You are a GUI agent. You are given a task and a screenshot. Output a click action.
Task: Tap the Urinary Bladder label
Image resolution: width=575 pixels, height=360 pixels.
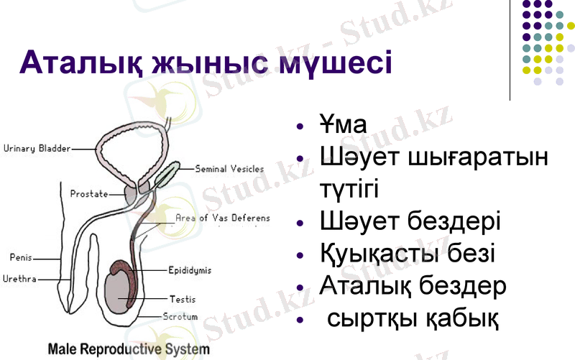coord(37,149)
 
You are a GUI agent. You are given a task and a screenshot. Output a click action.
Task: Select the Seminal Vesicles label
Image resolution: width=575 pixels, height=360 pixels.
coord(229,170)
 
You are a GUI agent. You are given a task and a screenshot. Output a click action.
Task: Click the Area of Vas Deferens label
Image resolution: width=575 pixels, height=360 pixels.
coord(223,217)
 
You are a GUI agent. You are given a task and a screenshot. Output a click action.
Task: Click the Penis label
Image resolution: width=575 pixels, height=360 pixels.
coord(20,257)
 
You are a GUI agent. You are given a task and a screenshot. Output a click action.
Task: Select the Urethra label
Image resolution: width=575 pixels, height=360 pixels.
coord(22,278)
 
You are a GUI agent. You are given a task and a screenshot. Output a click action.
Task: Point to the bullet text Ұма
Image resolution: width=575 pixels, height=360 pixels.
coord(343,125)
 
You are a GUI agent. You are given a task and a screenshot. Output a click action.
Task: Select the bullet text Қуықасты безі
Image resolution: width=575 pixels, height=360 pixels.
coord(407,254)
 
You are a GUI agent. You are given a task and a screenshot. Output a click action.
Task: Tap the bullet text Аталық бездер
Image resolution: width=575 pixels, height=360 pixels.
coord(413,285)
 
